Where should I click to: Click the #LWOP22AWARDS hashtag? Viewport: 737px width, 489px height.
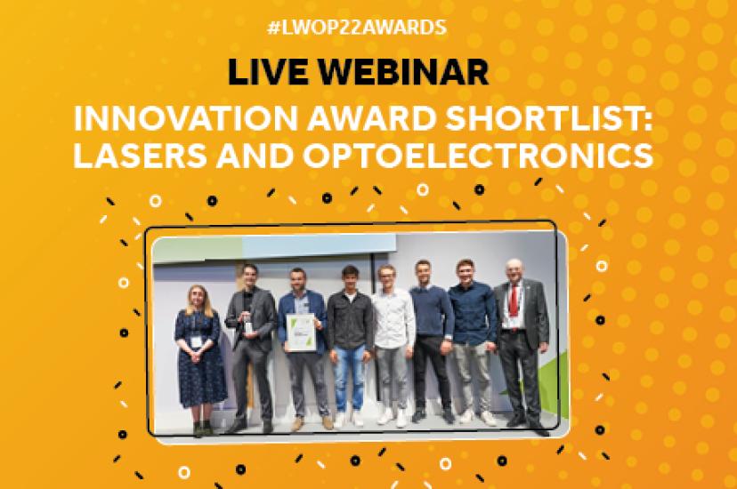[357, 28]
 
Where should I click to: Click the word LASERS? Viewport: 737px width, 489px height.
[140, 156]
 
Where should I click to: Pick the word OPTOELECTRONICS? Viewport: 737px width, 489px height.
[478, 156]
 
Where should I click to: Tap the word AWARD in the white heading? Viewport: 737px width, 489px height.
[372, 119]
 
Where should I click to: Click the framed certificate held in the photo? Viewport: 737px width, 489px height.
[300, 333]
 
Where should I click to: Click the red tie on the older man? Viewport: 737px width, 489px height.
[514, 301]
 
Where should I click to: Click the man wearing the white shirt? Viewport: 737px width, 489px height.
[394, 345]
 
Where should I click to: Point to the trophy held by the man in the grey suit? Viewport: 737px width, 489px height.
[247, 325]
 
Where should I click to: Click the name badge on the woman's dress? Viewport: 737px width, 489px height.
[196, 341]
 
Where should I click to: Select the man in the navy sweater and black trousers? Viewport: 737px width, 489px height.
[431, 341]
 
